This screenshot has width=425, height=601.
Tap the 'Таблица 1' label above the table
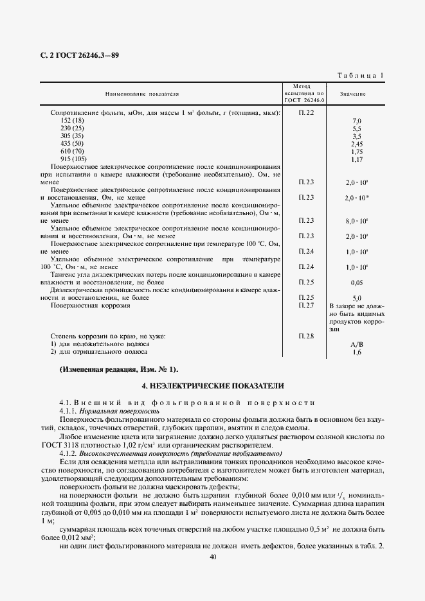click(x=361, y=76)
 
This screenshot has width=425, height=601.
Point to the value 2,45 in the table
click(x=357, y=144)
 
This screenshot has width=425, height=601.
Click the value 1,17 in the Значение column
click(x=357, y=159)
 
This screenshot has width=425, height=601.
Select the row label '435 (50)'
click(x=71, y=143)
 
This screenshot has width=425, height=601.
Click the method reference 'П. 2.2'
click(x=306, y=113)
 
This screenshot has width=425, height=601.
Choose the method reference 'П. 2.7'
click(x=306, y=306)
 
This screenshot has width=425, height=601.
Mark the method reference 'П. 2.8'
click(x=306, y=336)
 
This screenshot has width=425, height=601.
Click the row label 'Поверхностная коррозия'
click(x=90, y=306)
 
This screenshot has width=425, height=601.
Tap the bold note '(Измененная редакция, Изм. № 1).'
click(x=119, y=370)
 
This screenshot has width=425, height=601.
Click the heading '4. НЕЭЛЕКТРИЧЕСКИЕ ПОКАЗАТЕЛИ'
click(x=212, y=386)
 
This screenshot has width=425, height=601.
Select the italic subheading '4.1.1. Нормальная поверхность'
click(x=109, y=410)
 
